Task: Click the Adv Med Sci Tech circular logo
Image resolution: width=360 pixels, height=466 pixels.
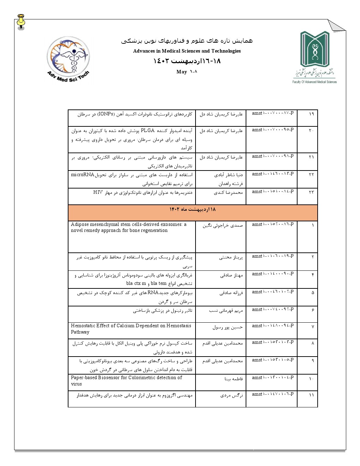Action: [x=68, y=59]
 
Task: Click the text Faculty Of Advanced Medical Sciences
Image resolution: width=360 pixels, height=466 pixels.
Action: [x=314, y=82]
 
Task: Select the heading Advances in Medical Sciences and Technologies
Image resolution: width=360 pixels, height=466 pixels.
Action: [x=187, y=51]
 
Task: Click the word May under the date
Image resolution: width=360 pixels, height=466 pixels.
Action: [x=182, y=72]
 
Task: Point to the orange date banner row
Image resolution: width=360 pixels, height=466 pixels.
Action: [x=193, y=213]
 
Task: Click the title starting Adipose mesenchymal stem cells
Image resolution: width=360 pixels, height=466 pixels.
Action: [x=129, y=227]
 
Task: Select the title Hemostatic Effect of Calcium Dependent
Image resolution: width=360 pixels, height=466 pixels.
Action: [x=131, y=329]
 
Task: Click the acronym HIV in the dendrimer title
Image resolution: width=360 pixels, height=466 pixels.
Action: [x=98, y=192]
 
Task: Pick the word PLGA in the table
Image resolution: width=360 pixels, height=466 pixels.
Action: [x=148, y=131]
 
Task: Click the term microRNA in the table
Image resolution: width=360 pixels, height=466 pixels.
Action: [x=83, y=175]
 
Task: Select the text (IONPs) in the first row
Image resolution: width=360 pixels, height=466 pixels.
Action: [x=106, y=114]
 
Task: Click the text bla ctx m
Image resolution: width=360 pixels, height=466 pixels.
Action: [x=136, y=283]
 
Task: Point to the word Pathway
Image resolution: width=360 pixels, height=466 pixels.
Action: [x=80, y=332]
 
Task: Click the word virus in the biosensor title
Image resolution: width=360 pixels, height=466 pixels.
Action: [x=76, y=384]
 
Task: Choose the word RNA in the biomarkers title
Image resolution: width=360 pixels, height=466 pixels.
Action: [x=153, y=293]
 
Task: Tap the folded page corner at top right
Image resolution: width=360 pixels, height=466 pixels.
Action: [x=337, y=25]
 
